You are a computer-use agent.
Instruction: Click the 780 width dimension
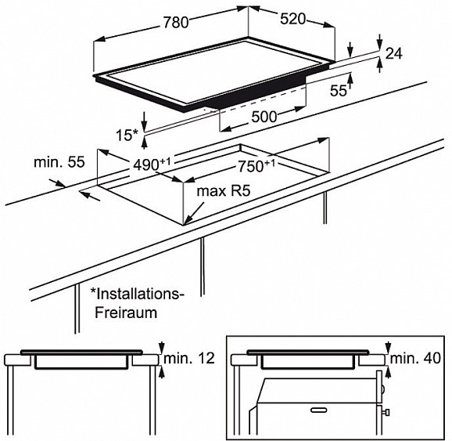coord(176,22)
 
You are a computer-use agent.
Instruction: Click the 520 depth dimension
coord(292,20)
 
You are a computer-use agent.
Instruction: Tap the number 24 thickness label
coord(393,53)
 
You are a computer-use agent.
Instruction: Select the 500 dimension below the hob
coord(264,117)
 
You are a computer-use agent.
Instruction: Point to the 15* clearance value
coord(127,136)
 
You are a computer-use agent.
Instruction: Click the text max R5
coord(224,191)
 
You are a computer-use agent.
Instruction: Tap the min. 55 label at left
coord(59,162)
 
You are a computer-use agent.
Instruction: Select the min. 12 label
coord(189,359)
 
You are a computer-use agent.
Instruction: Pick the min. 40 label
coord(415,359)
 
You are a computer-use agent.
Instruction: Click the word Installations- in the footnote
coord(138,294)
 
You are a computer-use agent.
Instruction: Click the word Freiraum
coord(126,313)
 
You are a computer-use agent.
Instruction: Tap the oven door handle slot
coord(319,409)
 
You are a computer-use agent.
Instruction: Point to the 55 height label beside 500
coord(339,91)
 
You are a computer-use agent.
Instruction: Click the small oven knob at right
coord(387,411)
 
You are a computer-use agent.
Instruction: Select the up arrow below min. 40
coord(388,372)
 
